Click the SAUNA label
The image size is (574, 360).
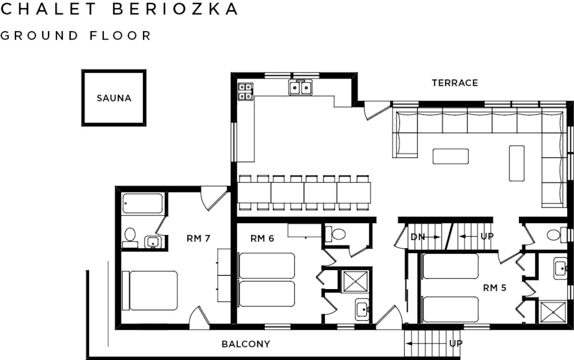pos(114,98)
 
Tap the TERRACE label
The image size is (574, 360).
pos(455,83)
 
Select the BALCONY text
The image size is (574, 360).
pos(246,344)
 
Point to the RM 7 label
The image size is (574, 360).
pos(199,238)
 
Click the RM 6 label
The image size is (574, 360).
pos(262,238)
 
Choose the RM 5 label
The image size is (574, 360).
pos(495,288)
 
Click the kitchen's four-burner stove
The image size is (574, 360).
pos(245,91)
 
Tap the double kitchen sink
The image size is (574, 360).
pos(300,88)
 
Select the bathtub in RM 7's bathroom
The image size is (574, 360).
pos(143,203)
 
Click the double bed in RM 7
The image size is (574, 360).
pos(150,291)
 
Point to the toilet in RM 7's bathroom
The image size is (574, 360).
pos(130,238)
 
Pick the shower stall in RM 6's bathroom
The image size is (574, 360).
pos(355,281)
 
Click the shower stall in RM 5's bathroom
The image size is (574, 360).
pos(553,312)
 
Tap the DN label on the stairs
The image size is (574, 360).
pos(418,237)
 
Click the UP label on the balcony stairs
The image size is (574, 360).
pos(455,343)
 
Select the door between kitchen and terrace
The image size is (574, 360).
pos(377,110)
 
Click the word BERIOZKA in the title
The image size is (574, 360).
pos(175,9)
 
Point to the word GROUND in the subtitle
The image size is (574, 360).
pos(39,35)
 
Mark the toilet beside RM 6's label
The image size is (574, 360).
pos(335,234)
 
